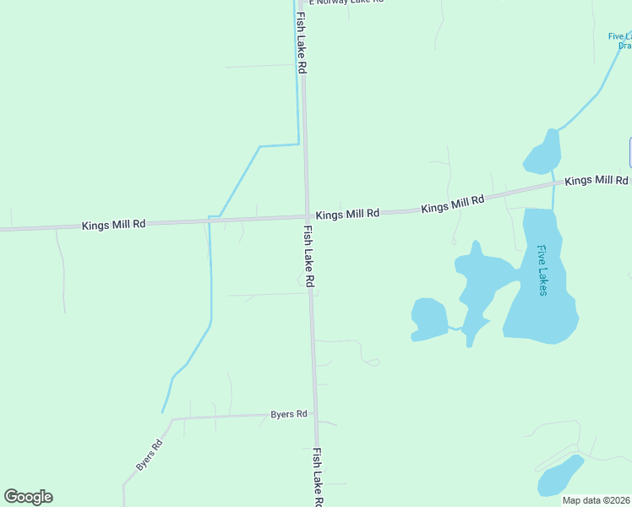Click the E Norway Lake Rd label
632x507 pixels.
(346, 3)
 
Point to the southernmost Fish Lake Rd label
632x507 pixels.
(319, 477)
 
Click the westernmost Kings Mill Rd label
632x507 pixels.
(114, 225)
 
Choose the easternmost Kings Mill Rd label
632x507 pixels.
(597, 181)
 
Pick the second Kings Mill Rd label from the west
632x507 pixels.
(347, 215)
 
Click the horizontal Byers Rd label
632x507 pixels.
(289, 414)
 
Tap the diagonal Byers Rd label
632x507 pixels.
(149, 456)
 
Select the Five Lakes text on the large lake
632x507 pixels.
(542, 270)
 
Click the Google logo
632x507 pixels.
(28, 497)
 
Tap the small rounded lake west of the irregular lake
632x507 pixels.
(429, 319)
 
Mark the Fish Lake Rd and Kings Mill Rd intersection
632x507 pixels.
(306, 217)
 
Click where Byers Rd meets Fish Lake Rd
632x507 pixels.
(314, 415)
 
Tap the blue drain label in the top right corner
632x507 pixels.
(620, 41)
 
